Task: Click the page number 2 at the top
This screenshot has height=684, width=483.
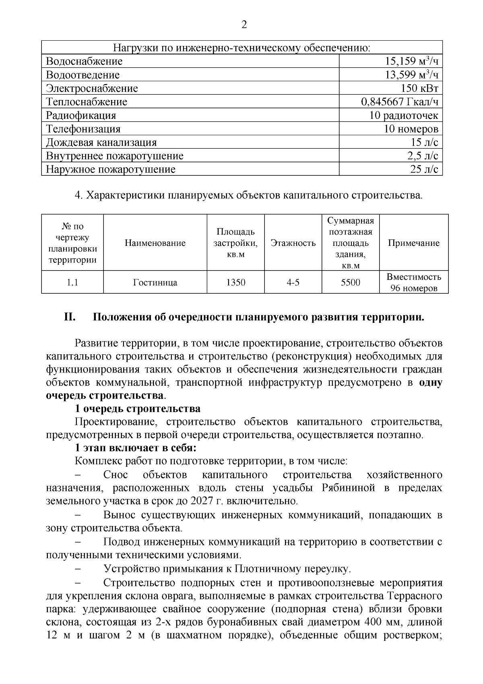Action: tap(244, 25)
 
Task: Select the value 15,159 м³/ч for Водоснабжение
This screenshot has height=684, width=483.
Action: tap(411, 61)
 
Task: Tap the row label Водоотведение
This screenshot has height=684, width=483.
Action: tap(83, 75)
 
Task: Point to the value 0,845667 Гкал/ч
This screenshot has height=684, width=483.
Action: tap(399, 102)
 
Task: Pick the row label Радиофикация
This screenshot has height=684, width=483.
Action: tap(81, 116)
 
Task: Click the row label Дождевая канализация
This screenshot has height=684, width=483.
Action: tap(101, 143)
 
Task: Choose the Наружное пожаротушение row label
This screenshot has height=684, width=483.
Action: tap(111, 169)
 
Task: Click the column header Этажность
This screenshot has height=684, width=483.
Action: tap(293, 243)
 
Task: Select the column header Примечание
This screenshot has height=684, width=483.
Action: tap(413, 243)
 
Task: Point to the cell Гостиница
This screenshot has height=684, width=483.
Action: tap(155, 283)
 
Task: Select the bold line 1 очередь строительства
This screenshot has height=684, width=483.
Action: tap(138, 409)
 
